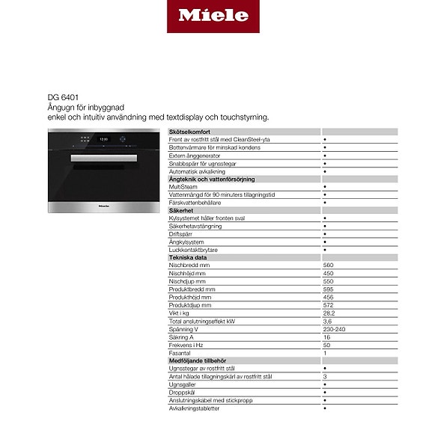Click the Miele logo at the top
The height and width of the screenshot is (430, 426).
213,16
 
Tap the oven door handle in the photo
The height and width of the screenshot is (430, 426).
103,158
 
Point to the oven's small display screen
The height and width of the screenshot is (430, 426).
104,138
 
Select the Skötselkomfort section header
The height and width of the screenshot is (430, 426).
189,132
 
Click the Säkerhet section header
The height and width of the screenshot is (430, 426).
183,211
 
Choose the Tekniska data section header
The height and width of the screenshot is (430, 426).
187,257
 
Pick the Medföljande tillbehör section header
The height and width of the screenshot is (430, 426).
198,361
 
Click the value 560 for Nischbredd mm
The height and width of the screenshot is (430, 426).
328,265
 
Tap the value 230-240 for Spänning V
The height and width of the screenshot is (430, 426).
334,329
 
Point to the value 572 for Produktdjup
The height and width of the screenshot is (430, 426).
328,305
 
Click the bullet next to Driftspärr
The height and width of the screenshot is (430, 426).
325,234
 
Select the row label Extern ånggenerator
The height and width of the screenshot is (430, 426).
196,156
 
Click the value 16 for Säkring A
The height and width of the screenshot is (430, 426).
326,337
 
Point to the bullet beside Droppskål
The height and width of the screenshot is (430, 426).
325,393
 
